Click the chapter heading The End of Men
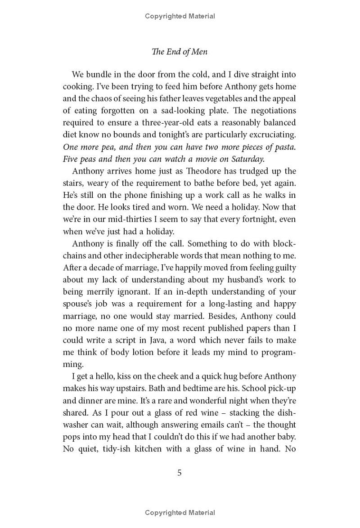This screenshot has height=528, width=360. pos(180,52)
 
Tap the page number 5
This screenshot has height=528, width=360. pos(180,473)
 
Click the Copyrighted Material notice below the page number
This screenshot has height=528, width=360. pos(180,512)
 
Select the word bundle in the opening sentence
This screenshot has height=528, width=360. pos(99,75)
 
